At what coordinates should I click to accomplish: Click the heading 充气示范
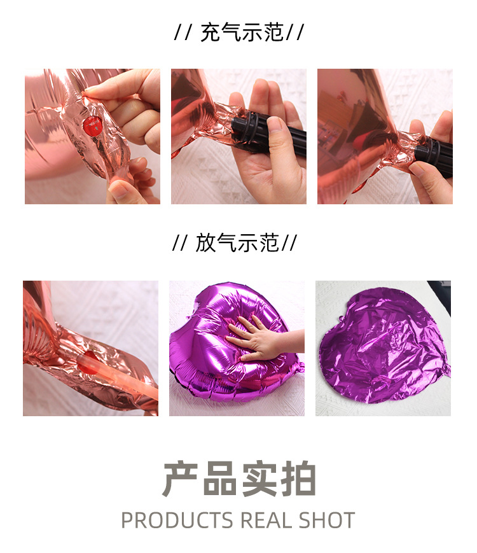pos(242,32)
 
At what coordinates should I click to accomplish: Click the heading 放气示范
pos(237,242)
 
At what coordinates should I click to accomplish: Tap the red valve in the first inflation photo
pos(93,126)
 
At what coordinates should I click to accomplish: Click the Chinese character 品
pos(219,480)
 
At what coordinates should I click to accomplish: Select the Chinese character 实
pos(258,480)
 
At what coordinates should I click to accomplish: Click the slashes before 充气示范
pos(183,32)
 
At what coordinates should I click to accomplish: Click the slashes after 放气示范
pos(290,242)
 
